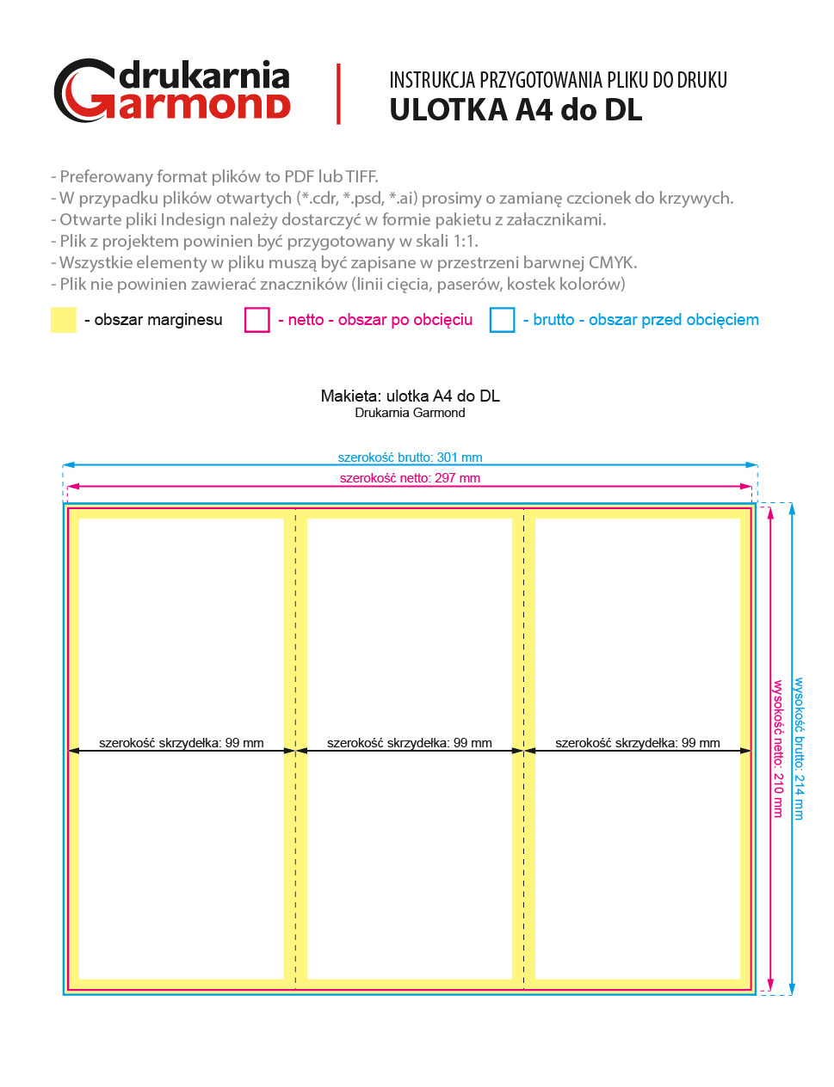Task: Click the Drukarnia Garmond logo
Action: [x=172, y=90]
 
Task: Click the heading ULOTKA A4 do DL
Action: [x=516, y=111]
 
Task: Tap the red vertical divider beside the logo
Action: [x=338, y=94]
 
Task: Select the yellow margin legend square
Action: [x=64, y=320]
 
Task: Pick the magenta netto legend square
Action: [x=257, y=320]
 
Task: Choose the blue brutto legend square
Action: [x=502, y=320]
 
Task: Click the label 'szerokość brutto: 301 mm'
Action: [x=410, y=458]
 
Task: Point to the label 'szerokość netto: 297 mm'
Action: [x=410, y=478]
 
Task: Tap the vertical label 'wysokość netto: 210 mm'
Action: [x=778, y=748]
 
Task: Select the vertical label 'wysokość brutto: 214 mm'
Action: [x=800, y=748]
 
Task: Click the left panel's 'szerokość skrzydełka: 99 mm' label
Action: [x=182, y=743]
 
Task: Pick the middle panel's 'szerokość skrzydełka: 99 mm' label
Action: [x=410, y=743]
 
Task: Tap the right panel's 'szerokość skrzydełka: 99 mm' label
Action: [x=638, y=743]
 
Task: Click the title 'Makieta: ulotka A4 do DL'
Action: [x=410, y=396]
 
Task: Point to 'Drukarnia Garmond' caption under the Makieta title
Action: [x=410, y=413]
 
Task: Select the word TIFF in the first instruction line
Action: [x=361, y=177]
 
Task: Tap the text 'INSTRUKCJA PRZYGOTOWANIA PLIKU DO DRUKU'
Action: [x=558, y=81]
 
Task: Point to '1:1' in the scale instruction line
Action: [x=465, y=242]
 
